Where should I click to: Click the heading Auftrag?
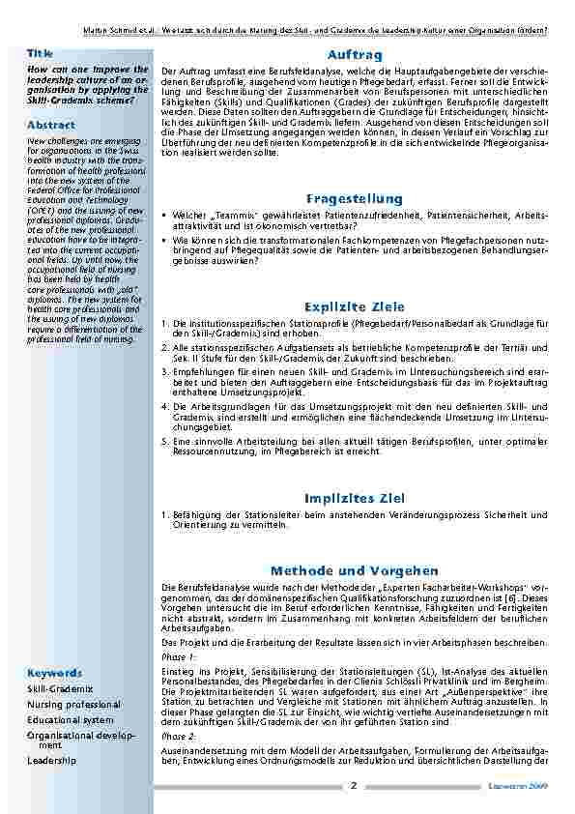click(x=355, y=56)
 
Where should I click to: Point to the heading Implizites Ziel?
click(x=355, y=498)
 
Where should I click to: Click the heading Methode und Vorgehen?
click(x=355, y=570)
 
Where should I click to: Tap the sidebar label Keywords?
click(x=54, y=671)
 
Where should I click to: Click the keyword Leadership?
click(x=50, y=761)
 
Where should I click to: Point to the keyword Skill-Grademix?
click(x=60, y=688)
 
